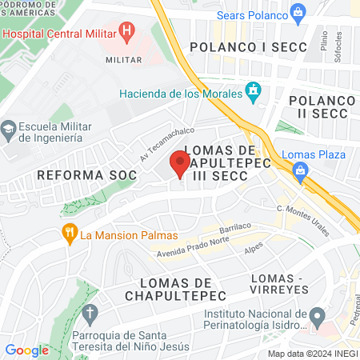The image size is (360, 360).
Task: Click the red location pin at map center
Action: [x=180, y=165]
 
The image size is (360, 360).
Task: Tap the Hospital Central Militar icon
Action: [x=126, y=31]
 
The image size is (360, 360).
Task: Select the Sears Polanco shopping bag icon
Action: [x=298, y=12]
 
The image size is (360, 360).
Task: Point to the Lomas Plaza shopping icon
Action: [x=301, y=170]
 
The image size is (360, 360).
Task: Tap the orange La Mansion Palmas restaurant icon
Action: [x=70, y=234]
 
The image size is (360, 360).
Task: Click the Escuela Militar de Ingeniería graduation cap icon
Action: [x=9, y=127]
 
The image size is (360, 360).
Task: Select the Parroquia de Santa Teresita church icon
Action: [x=90, y=311]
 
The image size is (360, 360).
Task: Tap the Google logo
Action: [x=26, y=350]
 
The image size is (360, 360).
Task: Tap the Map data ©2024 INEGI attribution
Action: [x=312, y=354]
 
